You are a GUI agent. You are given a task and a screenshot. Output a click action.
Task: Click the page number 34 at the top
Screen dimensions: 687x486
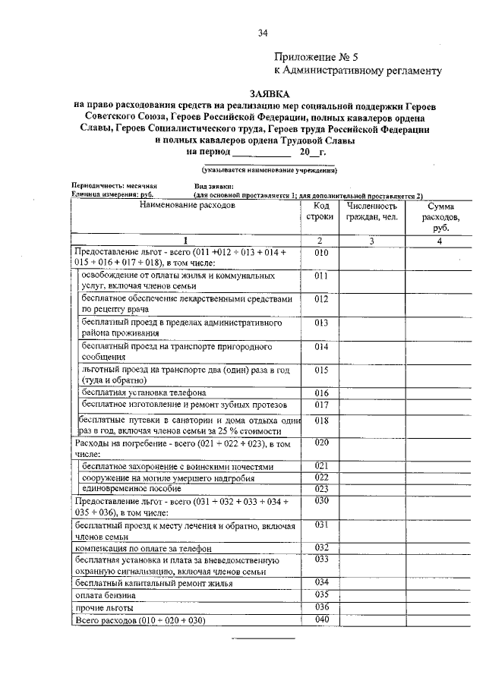263,32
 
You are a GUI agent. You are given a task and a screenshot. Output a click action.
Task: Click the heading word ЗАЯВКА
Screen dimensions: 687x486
251,92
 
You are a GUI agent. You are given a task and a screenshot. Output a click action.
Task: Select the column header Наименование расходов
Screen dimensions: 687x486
188,206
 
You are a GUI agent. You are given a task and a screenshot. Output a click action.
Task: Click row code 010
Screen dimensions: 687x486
321,252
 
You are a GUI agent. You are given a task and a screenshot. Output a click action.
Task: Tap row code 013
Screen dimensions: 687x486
321,323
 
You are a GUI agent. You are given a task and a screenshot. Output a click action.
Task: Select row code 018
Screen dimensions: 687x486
321,420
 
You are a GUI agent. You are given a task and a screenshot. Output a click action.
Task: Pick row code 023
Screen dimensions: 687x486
321,488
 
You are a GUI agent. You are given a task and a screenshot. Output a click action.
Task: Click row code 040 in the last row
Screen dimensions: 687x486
321,620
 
